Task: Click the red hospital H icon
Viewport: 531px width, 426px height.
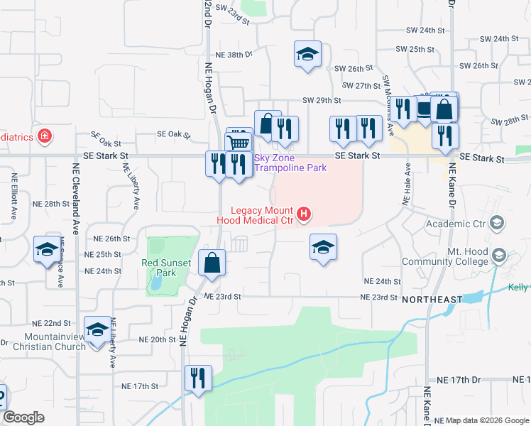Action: [x=305, y=213]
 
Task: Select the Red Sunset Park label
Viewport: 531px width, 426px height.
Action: [x=167, y=268]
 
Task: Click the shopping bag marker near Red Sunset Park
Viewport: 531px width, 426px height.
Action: [x=212, y=263]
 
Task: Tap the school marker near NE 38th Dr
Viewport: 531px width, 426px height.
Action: [x=307, y=55]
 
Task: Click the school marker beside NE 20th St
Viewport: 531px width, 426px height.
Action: [x=97, y=329]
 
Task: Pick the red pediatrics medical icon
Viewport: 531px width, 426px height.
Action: [x=45, y=136]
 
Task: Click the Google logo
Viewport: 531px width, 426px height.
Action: [x=23, y=417]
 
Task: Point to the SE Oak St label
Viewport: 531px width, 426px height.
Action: [x=108, y=134]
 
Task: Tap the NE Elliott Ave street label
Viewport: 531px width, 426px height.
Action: [x=13, y=195]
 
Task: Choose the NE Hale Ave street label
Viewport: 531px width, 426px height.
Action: [x=407, y=184]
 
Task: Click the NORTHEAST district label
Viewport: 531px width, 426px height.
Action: [x=432, y=300]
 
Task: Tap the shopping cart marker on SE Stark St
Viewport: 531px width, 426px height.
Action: [x=239, y=143]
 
